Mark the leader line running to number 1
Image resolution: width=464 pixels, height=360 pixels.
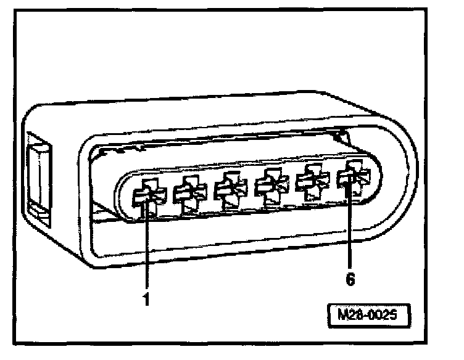pos(147,247)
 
